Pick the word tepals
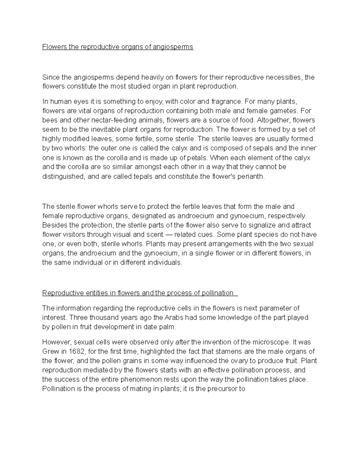point(145,176)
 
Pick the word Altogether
point(274,120)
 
